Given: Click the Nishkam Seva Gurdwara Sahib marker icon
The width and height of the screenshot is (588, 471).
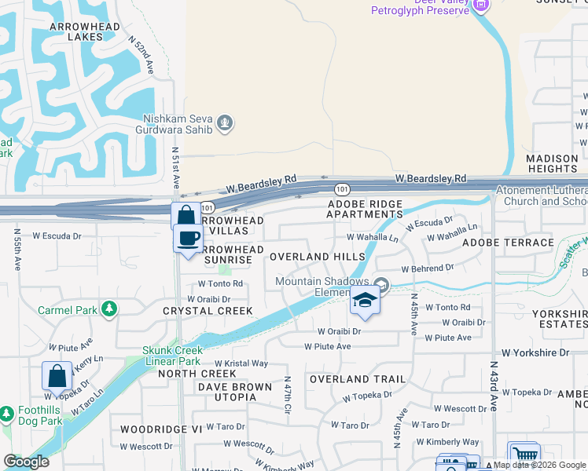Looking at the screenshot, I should pyautogui.click(x=226, y=123).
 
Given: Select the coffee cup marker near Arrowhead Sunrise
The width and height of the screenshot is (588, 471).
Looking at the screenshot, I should pyautogui.click(x=188, y=239).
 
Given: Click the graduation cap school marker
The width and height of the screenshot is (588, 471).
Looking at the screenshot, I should pyautogui.click(x=365, y=301).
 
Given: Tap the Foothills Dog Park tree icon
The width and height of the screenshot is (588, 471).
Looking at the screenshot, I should pyautogui.click(x=6, y=413).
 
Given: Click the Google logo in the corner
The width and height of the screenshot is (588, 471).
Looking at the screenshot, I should pyautogui.click(x=26, y=462).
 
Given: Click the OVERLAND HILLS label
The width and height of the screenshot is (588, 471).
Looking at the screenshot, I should pyautogui.click(x=317, y=257).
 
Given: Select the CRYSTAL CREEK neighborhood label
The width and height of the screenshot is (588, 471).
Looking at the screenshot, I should pyautogui.click(x=208, y=311).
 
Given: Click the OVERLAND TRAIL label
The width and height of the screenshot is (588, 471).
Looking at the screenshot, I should pyautogui.click(x=357, y=379).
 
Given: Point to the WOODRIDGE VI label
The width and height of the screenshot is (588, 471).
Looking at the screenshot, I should pyautogui.click(x=161, y=429).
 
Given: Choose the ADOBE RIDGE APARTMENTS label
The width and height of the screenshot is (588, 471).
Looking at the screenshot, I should pyautogui.click(x=365, y=209).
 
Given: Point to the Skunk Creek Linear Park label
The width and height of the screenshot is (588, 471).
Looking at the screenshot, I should pyautogui.click(x=171, y=356).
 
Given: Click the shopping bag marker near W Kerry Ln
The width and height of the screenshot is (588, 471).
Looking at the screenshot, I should pyautogui.click(x=57, y=376).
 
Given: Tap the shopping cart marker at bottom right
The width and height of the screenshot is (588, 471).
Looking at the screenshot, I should pyautogui.click(x=524, y=455).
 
